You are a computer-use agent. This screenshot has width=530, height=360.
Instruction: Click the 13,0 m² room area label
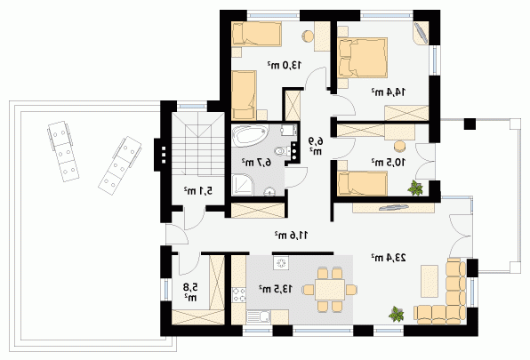tap(285, 65)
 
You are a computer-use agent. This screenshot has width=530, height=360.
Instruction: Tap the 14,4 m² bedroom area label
tap(389, 92)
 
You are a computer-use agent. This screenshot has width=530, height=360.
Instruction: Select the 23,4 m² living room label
tap(389, 258)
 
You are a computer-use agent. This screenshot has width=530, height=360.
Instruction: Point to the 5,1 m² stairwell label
tap(198, 191)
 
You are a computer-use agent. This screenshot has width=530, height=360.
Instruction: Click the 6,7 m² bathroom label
tap(256, 162)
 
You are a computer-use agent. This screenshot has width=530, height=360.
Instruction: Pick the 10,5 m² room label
tap(389, 162)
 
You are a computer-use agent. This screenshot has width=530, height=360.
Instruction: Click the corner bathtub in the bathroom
tap(250, 136)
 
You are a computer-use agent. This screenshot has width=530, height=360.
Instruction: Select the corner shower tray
tap(242, 185)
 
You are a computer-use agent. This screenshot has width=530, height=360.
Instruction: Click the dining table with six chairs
tap(330, 290)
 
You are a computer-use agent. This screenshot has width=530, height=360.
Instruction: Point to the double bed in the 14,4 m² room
tap(362, 58)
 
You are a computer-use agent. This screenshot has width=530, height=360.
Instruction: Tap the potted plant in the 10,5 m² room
tap(415, 188)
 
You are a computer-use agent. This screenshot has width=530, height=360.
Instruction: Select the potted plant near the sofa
tap(396, 314)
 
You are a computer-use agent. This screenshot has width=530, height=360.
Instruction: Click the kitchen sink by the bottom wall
tap(259, 317)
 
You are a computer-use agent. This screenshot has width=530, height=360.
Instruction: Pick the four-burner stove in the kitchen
tap(238, 294)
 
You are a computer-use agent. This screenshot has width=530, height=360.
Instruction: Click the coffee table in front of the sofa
tap(430, 281)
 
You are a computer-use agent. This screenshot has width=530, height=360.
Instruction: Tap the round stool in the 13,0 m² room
tap(308, 36)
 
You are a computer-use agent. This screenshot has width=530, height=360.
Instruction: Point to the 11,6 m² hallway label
tap(291, 235)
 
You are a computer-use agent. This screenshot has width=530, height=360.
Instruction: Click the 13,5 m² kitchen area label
tap(276, 289)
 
